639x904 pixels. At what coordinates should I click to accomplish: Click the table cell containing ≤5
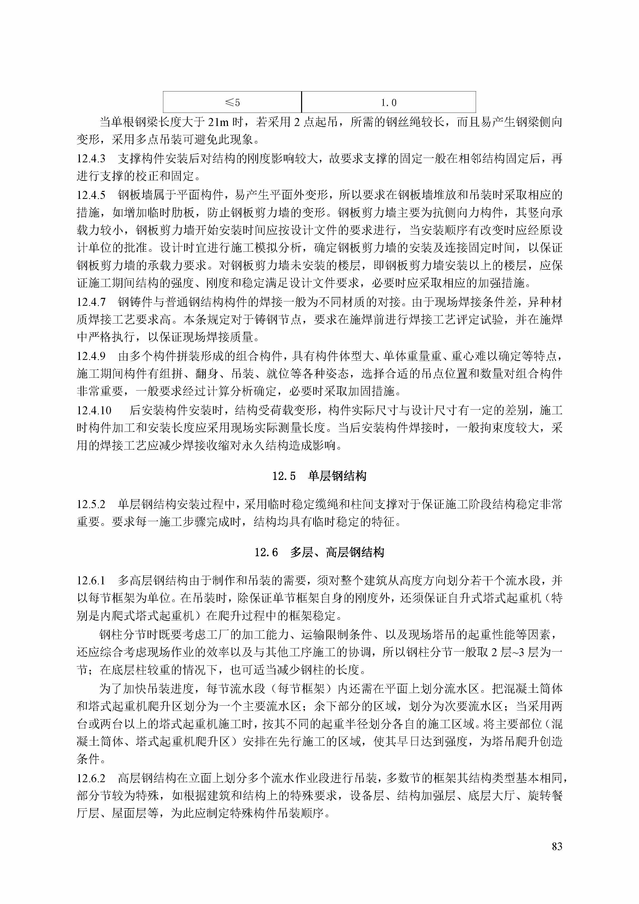click(232, 102)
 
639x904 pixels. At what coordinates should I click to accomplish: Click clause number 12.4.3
click(91, 159)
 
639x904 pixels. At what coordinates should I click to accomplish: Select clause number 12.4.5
click(91, 195)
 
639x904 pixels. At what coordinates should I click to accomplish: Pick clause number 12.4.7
click(91, 302)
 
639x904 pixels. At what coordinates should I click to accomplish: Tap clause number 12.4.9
click(91, 356)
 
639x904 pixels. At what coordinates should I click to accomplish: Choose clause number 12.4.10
click(94, 410)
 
